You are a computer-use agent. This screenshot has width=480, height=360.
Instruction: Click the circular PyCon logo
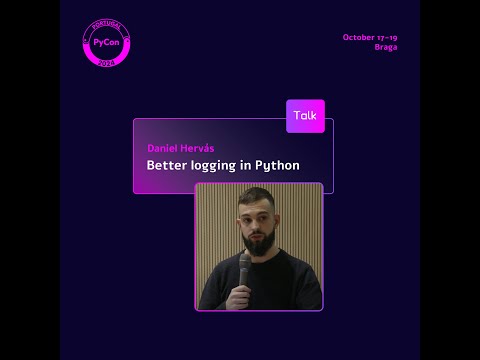pos(105,43)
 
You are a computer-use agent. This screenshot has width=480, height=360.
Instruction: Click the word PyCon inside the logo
pos(105,43)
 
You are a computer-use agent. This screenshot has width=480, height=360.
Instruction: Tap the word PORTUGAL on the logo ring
pos(105,24)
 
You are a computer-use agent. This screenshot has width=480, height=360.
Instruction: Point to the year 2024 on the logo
pos(105,62)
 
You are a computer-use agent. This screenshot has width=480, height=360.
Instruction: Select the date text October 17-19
pos(370,37)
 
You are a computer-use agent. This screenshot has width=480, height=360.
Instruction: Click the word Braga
pos(386,47)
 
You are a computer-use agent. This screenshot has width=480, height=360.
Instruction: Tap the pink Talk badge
pos(305,116)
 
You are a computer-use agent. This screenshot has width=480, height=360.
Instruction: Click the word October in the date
pos(358,37)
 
